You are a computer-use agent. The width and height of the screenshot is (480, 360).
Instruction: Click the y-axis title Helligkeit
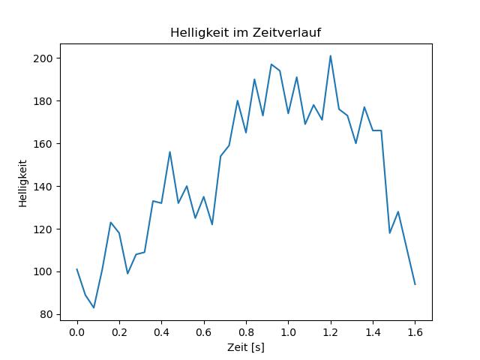[23, 182]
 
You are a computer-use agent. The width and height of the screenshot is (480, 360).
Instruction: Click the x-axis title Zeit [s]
[246, 348]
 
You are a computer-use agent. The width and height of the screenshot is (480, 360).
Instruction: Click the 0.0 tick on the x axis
[77, 331]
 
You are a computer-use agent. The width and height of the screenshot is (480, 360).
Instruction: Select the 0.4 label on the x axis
[161, 331]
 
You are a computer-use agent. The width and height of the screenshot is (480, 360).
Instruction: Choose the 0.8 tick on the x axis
[246, 331]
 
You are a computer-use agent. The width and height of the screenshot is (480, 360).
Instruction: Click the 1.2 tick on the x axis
[331, 331]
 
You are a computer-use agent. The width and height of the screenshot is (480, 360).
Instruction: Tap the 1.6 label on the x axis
[415, 331]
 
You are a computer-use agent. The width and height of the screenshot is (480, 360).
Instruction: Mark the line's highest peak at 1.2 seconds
[331, 55]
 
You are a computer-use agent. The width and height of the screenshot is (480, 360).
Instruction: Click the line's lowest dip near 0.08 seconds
[94, 307]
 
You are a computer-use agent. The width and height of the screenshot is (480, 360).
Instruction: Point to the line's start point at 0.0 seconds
[77, 269]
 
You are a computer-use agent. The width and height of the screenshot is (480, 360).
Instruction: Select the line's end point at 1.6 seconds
[415, 284]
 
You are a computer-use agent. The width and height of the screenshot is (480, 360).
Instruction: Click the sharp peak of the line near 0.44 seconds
[170, 151]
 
